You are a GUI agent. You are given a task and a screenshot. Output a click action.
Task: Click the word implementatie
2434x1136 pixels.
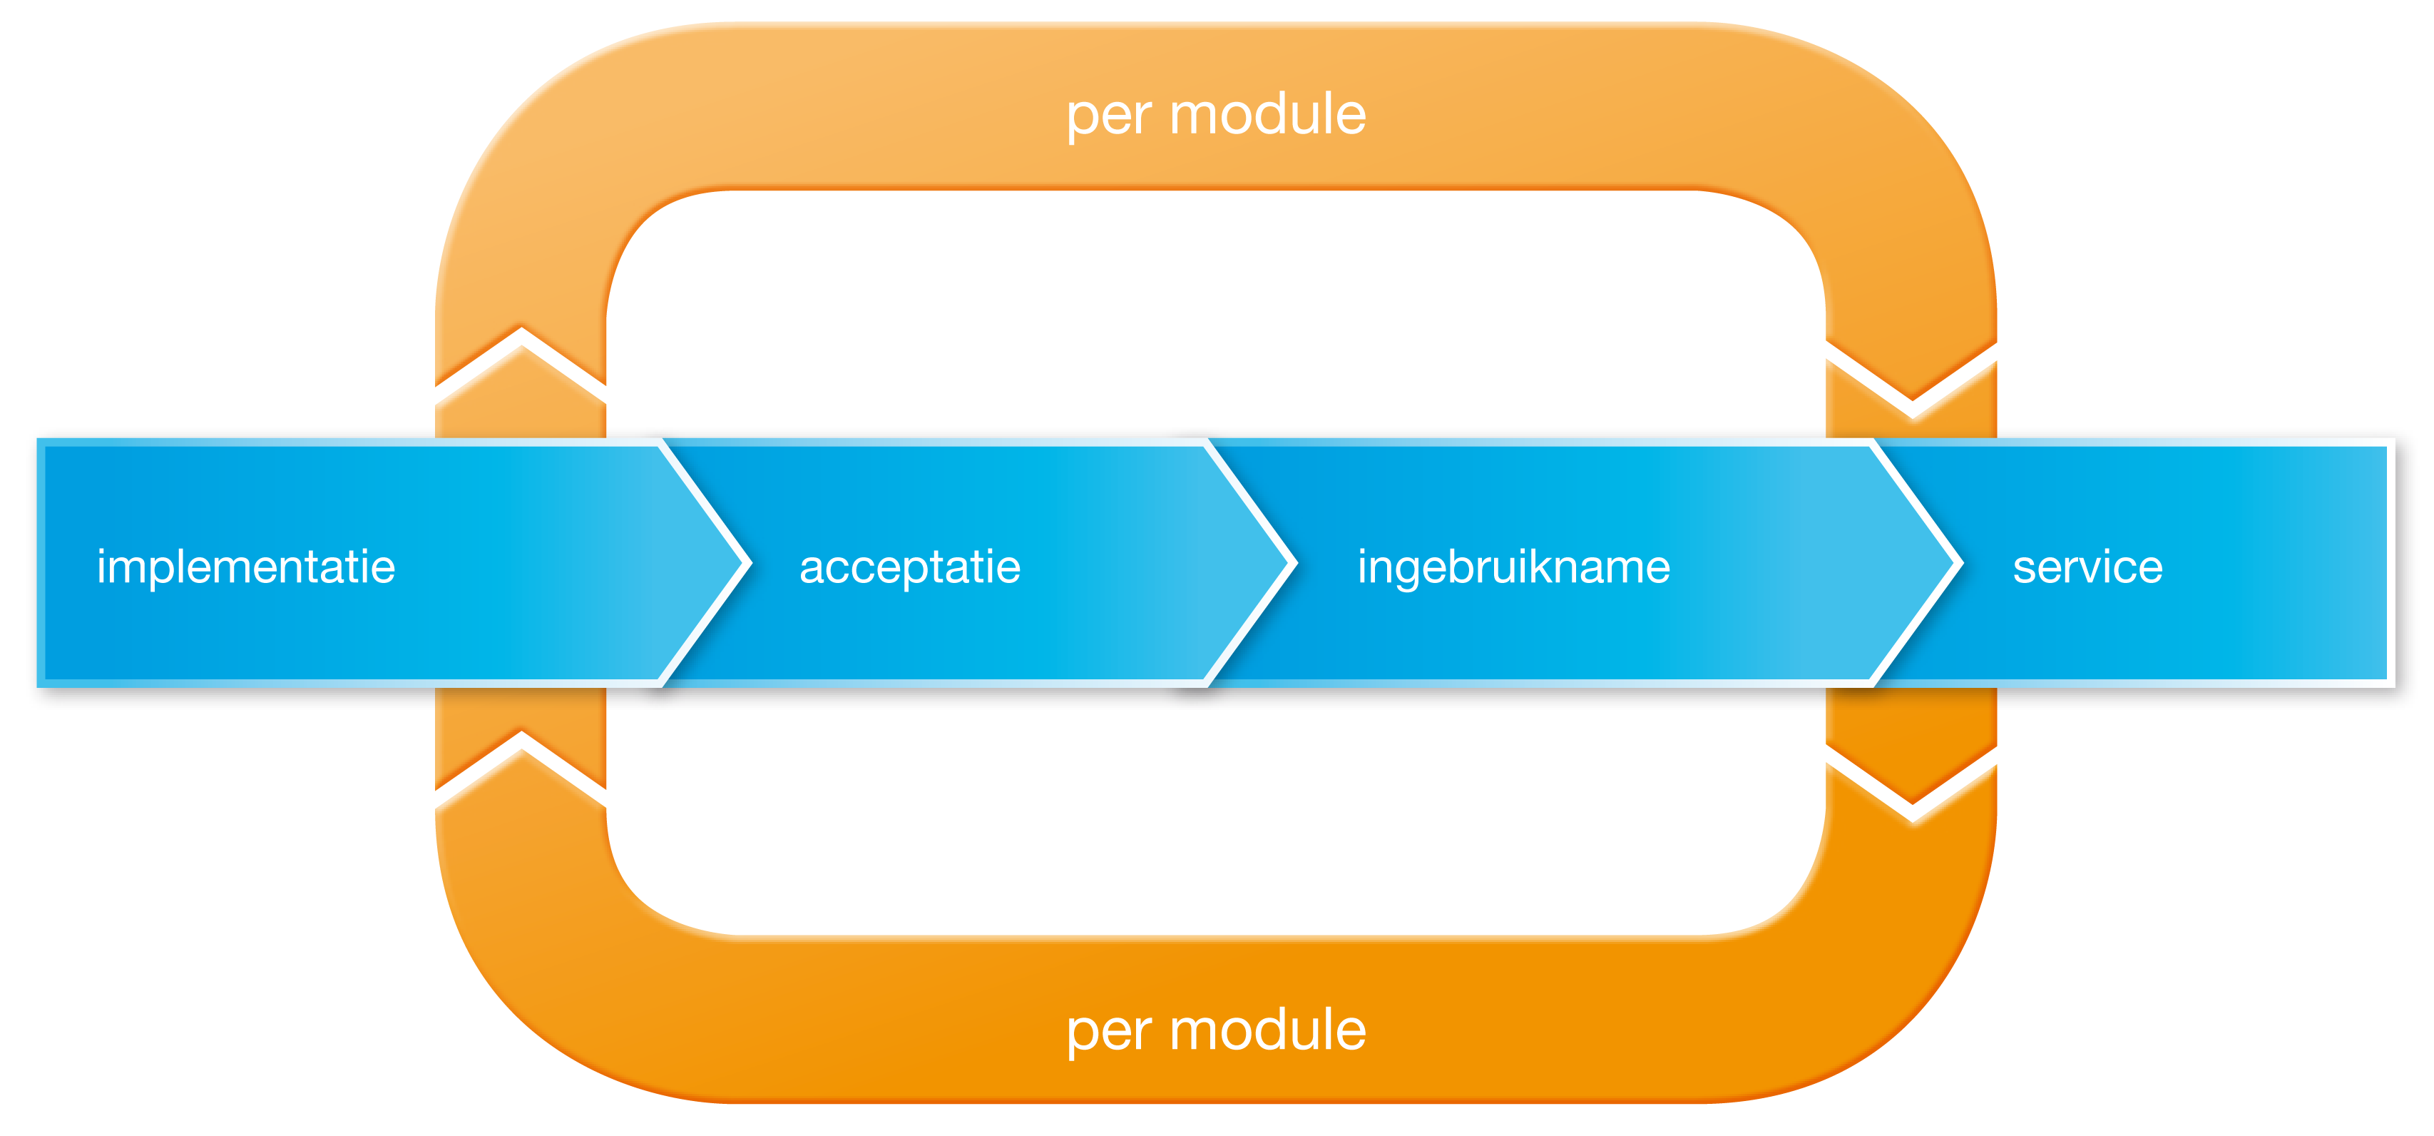click(245, 568)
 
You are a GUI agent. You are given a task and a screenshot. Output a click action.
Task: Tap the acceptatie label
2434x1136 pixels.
click(910, 568)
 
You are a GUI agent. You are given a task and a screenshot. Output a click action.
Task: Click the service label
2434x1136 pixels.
click(2087, 568)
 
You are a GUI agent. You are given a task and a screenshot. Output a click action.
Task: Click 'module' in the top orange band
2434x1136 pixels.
click(1267, 116)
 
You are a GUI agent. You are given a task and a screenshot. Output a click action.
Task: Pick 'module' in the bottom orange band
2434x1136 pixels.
click(1267, 1030)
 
